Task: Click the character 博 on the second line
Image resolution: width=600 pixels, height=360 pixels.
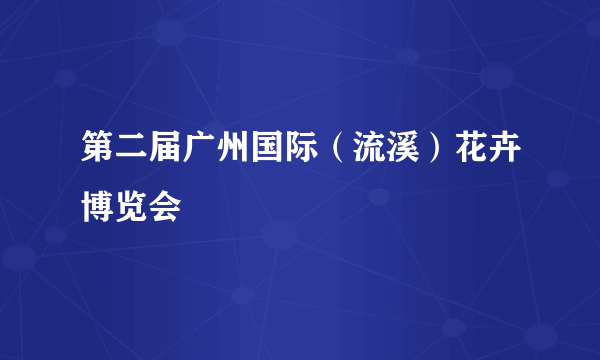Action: tap(99, 206)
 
